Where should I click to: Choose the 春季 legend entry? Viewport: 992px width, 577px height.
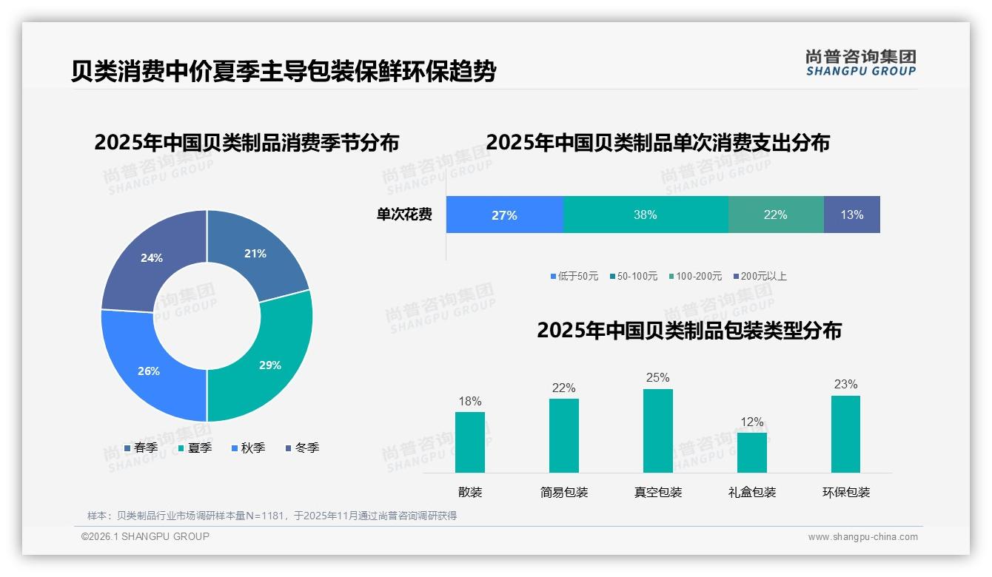click(x=141, y=448)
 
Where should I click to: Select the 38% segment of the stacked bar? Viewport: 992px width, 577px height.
click(x=646, y=215)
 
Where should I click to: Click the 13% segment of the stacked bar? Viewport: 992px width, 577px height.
click(x=851, y=215)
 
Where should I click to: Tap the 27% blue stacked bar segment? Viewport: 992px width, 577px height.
click(x=504, y=215)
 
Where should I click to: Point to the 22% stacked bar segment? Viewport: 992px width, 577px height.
click(x=775, y=215)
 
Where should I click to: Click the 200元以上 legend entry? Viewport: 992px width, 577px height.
click(x=760, y=276)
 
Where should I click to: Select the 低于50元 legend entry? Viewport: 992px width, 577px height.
click(x=574, y=276)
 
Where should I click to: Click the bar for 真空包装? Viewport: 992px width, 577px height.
click(x=658, y=431)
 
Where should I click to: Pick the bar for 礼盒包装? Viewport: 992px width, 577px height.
click(x=752, y=452)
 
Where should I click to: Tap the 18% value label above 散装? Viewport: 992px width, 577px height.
click(x=470, y=402)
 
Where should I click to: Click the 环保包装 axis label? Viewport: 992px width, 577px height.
click(x=846, y=492)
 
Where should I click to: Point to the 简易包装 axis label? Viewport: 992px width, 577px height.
click(x=564, y=492)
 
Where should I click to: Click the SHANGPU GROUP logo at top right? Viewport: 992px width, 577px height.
click(x=861, y=63)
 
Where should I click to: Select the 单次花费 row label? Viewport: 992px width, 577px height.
click(x=404, y=215)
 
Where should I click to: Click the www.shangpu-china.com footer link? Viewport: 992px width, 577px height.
click(x=862, y=537)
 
